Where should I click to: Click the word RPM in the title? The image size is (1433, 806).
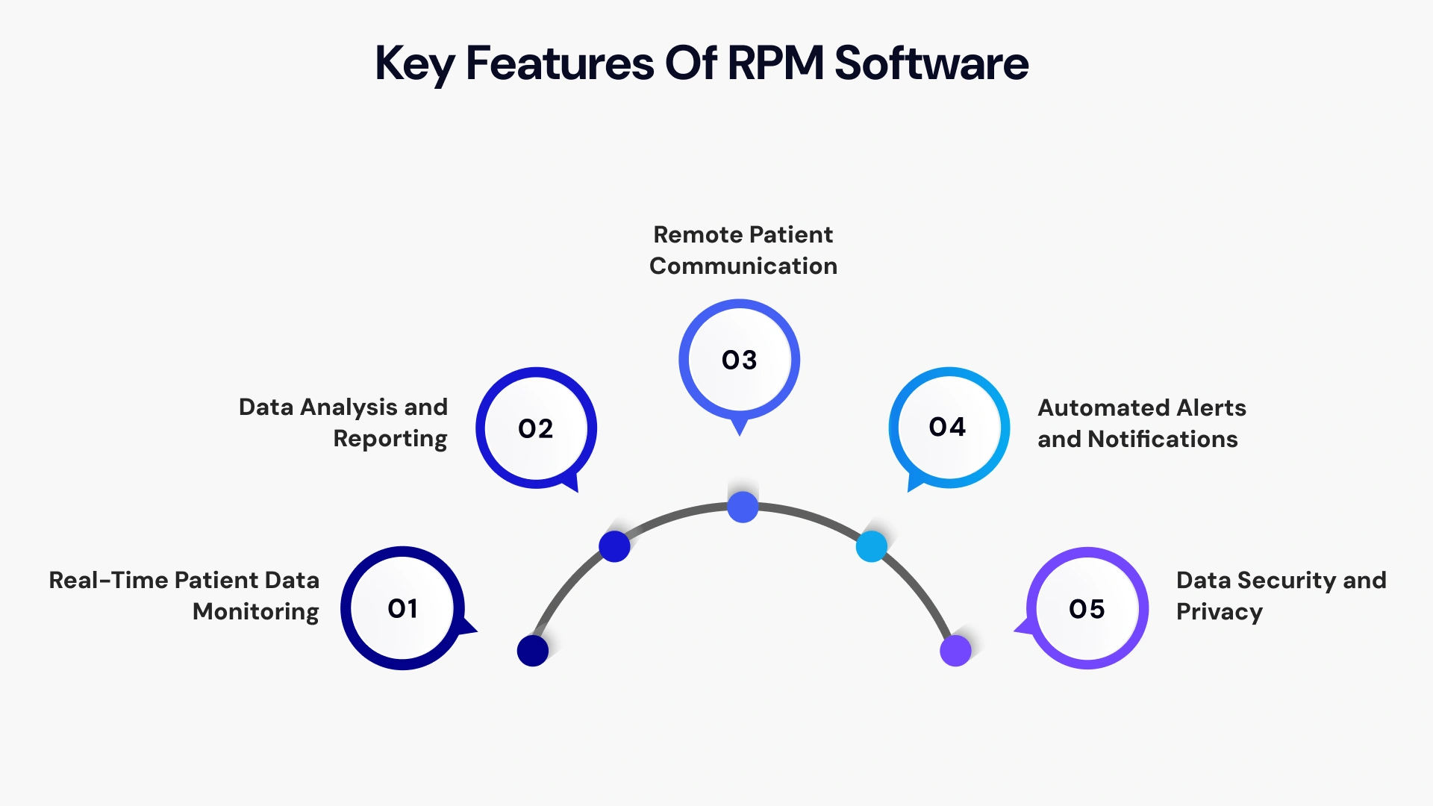[x=775, y=63]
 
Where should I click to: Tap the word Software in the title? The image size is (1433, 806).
[x=931, y=63]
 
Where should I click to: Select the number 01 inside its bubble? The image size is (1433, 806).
[x=402, y=609]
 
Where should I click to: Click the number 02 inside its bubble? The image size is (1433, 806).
[x=535, y=429]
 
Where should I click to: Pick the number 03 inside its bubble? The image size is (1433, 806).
[x=739, y=360]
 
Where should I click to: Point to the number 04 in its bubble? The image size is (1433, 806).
[x=947, y=427]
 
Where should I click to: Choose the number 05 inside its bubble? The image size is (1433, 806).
[x=1086, y=610]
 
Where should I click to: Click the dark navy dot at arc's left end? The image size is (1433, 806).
[x=533, y=651]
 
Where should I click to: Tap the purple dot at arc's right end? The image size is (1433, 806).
[x=955, y=651]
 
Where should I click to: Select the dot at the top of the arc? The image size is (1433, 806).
[x=743, y=507]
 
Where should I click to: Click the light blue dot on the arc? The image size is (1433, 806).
[x=871, y=547]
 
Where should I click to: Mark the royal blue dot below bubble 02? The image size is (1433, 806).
[x=614, y=547]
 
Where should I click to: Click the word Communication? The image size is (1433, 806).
[x=743, y=266]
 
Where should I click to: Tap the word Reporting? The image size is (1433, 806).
[x=390, y=439]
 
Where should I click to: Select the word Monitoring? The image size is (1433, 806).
[x=255, y=612]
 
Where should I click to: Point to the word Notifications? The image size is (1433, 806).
[x=1162, y=440]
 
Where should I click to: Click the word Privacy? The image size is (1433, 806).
[x=1219, y=612]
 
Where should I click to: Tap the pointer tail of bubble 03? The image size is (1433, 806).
[x=739, y=427]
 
